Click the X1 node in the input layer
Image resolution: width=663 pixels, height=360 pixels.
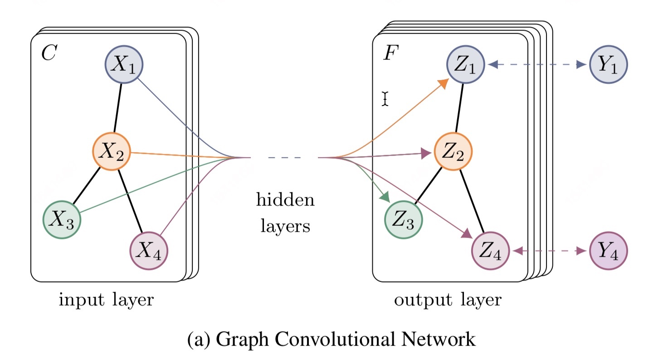(x=124, y=64)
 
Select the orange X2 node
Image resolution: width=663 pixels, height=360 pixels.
(x=112, y=151)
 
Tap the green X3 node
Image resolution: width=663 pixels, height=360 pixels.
(x=62, y=220)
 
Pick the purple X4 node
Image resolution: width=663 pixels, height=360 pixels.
(x=149, y=251)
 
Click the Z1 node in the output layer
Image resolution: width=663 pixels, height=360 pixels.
(x=465, y=64)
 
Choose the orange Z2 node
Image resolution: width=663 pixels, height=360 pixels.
(x=453, y=151)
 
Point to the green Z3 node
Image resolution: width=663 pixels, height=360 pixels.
(x=403, y=220)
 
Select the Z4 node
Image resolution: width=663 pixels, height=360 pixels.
(x=490, y=251)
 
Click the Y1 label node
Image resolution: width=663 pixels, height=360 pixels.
(x=608, y=64)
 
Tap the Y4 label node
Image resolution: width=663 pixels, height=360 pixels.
(x=608, y=251)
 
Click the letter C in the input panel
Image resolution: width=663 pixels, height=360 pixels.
(x=49, y=53)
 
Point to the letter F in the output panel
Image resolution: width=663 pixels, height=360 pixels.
(x=391, y=53)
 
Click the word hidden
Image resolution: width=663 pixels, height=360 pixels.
(x=285, y=200)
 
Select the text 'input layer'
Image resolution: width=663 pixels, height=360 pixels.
(x=106, y=300)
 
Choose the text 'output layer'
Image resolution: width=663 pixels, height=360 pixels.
(x=448, y=300)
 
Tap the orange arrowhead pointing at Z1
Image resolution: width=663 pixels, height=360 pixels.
(x=443, y=83)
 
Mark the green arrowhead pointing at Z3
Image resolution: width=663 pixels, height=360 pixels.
(x=385, y=197)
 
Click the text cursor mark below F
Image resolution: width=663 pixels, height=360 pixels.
(x=385, y=98)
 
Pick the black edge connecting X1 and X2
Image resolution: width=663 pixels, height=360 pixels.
(x=118, y=108)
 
